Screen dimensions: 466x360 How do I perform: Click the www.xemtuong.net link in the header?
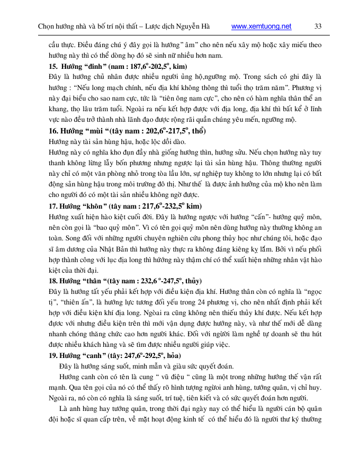[262, 26]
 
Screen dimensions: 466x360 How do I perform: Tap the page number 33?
[318, 26]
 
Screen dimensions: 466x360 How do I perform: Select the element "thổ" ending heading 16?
[199, 131]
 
